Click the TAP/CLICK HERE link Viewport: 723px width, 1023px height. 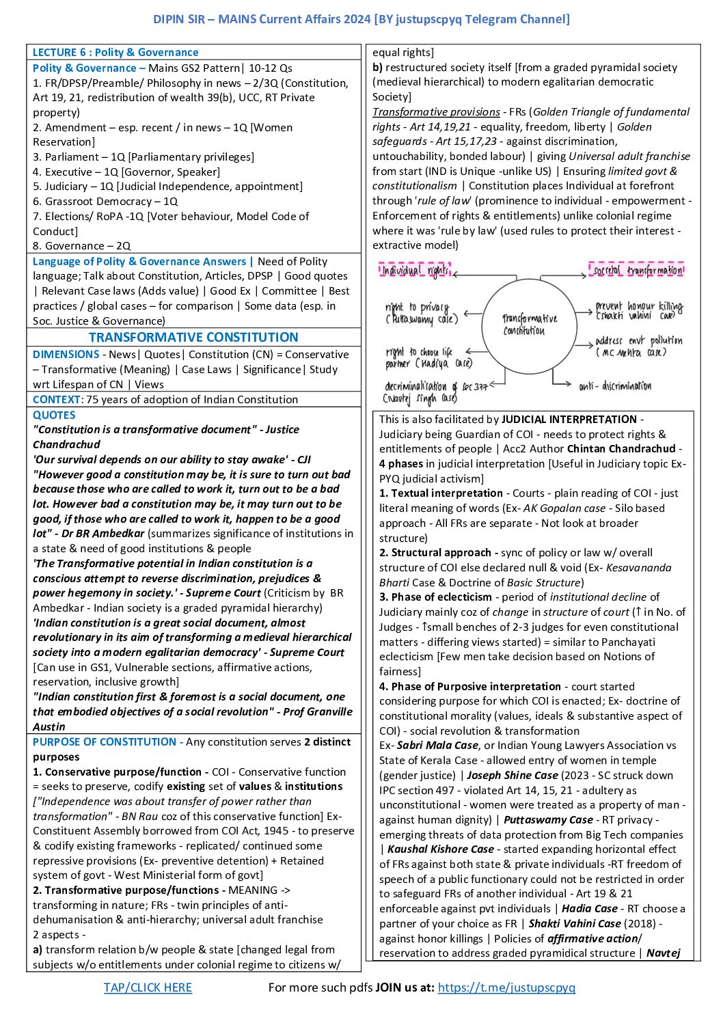click(148, 987)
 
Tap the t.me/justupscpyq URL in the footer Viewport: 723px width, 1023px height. click(506, 987)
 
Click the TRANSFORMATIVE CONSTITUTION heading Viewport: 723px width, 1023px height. click(193, 337)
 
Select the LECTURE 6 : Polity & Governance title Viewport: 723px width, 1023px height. click(115, 53)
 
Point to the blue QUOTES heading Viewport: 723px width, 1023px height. click(54, 415)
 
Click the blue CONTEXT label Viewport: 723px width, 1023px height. click(56, 400)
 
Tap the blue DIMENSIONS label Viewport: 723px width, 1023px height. click(66, 355)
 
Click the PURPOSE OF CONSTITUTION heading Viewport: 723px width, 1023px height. click(104, 742)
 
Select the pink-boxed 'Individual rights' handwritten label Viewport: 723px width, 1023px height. click(415, 271)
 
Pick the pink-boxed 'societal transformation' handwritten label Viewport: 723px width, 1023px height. click(636, 270)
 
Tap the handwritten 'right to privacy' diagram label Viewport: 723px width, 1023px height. click(421, 313)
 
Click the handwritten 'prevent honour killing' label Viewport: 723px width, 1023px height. click(639, 311)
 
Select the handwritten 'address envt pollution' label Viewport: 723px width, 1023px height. click(638, 346)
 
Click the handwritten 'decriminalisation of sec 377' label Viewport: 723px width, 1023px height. click(435, 392)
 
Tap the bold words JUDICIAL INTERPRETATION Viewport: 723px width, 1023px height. click(569, 420)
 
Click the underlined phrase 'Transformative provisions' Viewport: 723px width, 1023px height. click(436, 112)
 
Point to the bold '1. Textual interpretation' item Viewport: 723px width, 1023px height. click(441, 493)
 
